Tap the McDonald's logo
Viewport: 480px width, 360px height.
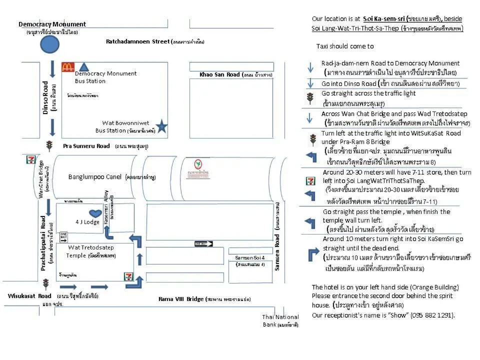[68, 67]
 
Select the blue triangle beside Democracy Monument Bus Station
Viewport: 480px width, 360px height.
[84, 66]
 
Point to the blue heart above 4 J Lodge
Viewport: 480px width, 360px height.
[95, 213]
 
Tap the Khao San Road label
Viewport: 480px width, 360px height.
[219, 74]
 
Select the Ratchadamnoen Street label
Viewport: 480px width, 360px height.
[138, 41]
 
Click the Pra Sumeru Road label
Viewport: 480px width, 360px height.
[86, 146]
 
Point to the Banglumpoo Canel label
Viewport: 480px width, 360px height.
[95, 176]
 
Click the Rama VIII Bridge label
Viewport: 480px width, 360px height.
[181, 299]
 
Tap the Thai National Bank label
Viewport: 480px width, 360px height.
[280, 320]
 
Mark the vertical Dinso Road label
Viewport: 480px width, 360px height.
[46, 98]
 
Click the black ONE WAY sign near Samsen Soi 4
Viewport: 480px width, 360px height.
[203, 243]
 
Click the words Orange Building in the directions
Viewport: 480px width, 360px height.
[433, 287]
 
